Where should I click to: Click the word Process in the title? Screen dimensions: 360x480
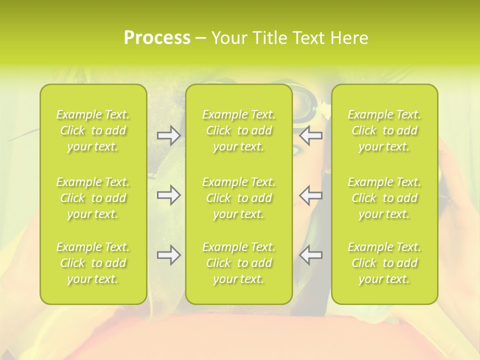pyautogui.click(x=157, y=38)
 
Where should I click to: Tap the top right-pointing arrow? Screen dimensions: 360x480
pyautogui.click(x=169, y=135)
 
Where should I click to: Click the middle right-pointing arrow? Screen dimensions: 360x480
pyautogui.click(x=169, y=195)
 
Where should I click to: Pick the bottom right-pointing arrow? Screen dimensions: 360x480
pyautogui.click(x=169, y=255)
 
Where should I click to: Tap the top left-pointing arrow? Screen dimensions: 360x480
pyautogui.click(x=310, y=135)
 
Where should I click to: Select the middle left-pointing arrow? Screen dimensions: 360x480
pyautogui.click(x=310, y=195)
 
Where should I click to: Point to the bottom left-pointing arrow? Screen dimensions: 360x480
pyautogui.click(x=310, y=255)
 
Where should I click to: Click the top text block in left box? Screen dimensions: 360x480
pyautogui.click(x=93, y=130)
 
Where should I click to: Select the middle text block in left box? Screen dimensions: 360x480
pyautogui.click(x=93, y=198)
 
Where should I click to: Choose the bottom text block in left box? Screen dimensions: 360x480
pyautogui.click(x=93, y=263)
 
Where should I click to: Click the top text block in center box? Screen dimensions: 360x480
pyautogui.click(x=239, y=130)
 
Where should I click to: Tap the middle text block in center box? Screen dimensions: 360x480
pyautogui.click(x=239, y=198)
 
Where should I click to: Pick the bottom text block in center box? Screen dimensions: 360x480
pyautogui.click(x=239, y=263)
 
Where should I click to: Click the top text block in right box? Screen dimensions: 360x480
pyautogui.click(x=384, y=130)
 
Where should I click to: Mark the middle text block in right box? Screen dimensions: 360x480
pyautogui.click(x=384, y=198)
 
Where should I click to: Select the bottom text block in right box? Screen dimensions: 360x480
pyautogui.click(x=384, y=263)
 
